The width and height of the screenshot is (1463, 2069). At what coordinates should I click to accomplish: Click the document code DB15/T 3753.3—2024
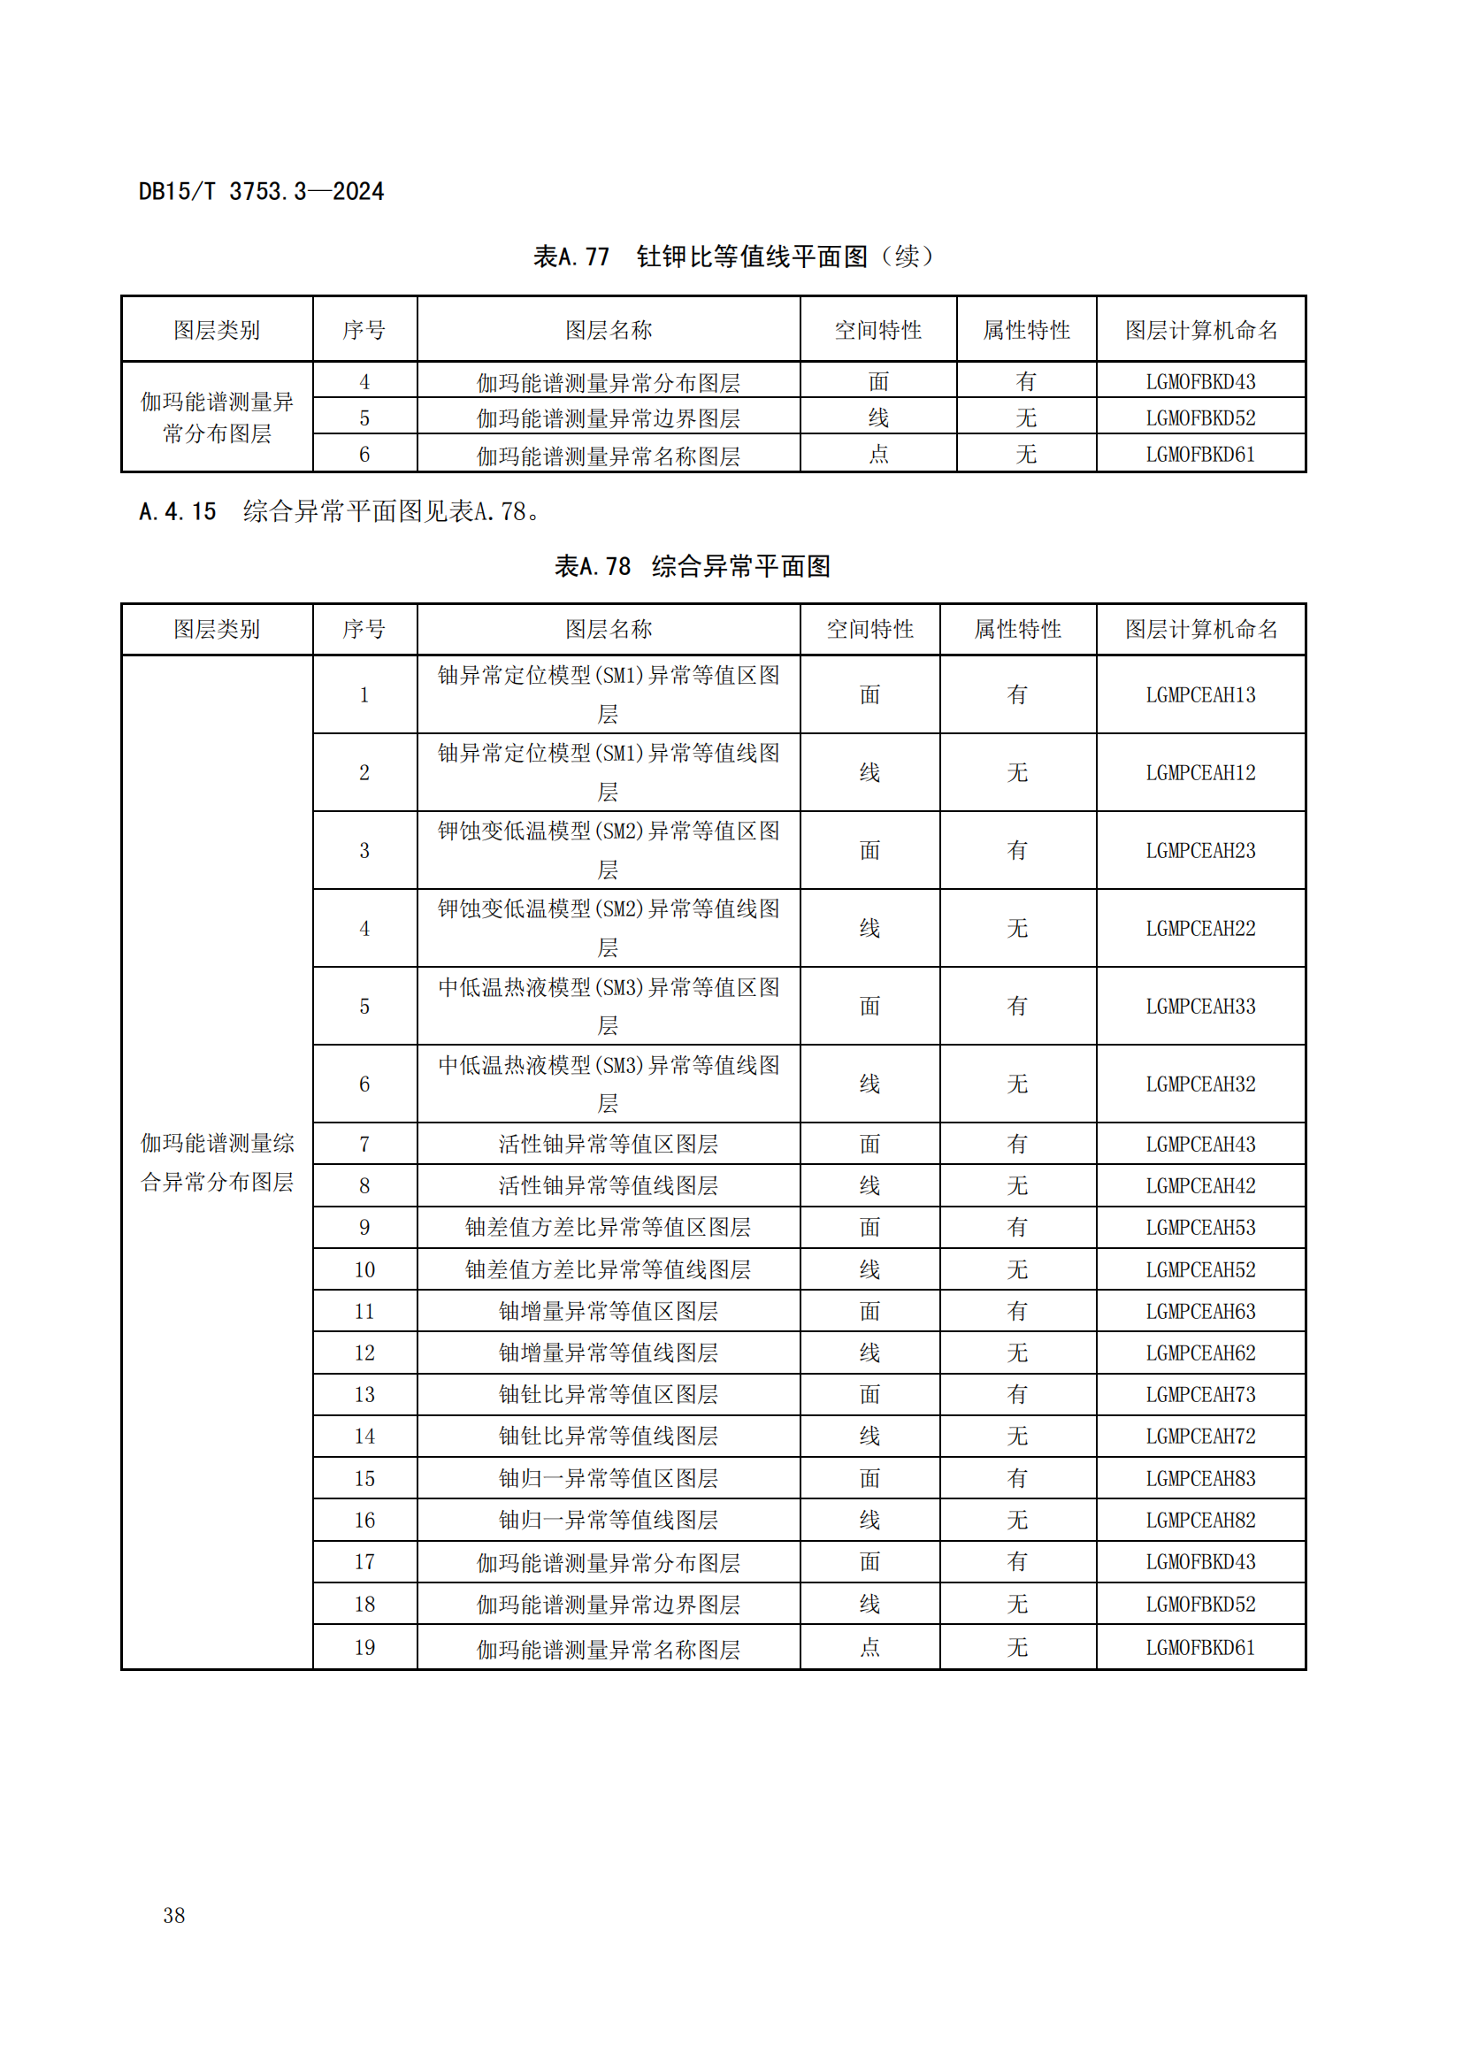pyautogui.click(x=260, y=191)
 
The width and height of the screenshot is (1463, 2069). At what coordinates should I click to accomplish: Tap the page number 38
pyautogui.click(x=174, y=1915)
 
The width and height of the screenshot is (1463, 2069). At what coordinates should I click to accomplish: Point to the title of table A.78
pyautogui.click(x=692, y=566)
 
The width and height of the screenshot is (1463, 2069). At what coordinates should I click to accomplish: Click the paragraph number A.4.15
pyautogui.click(x=178, y=512)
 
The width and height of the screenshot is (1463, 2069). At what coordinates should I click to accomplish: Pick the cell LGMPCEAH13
pyautogui.click(x=1200, y=694)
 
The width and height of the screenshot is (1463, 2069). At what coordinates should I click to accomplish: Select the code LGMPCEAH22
pyautogui.click(x=1200, y=928)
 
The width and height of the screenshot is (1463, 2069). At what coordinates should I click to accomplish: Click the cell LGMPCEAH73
pyautogui.click(x=1200, y=1394)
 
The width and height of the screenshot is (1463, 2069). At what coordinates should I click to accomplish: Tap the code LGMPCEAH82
pyautogui.click(x=1200, y=1521)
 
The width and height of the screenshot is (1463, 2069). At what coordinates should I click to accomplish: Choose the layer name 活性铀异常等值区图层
pyautogui.click(x=608, y=1144)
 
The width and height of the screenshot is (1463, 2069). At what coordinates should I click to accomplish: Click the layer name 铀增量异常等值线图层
pyautogui.click(x=608, y=1353)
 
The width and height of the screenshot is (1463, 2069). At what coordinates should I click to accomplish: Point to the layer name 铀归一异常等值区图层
pyautogui.click(x=608, y=1478)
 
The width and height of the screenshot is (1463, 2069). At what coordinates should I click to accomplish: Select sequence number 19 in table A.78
pyautogui.click(x=364, y=1647)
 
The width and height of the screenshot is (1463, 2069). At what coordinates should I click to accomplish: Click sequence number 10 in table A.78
pyautogui.click(x=364, y=1269)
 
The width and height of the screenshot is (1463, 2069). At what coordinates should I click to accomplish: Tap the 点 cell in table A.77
pyautogui.click(x=878, y=454)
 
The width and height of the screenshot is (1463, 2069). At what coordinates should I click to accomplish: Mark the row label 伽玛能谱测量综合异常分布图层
pyautogui.click(x=217, y=1162)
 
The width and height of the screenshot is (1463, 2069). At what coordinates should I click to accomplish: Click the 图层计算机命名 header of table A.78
pyautogui.click(x=1200, y=629)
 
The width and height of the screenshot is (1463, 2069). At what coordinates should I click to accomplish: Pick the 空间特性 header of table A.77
pyautogui.click(x=878, y=330)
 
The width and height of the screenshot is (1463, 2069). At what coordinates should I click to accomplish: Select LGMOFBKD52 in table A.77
pyautogui.click(x=1200, y=418)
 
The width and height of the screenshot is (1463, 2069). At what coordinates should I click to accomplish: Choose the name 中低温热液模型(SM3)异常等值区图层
pyautogui.click(x=608, y=1006)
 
